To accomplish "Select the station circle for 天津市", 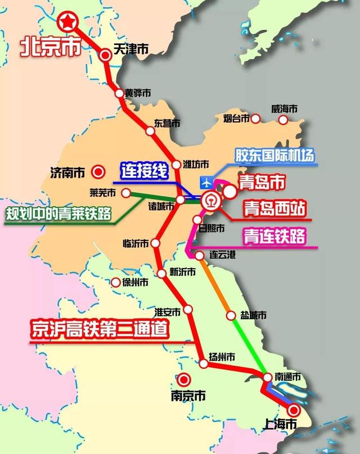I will [105, 55].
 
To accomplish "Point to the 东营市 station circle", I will [150, 131].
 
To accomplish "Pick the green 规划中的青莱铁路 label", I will [58, 214].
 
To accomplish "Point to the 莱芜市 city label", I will [102, 193].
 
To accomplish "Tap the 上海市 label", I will [281, 425].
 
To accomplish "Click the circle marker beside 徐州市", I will [116, 283].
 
